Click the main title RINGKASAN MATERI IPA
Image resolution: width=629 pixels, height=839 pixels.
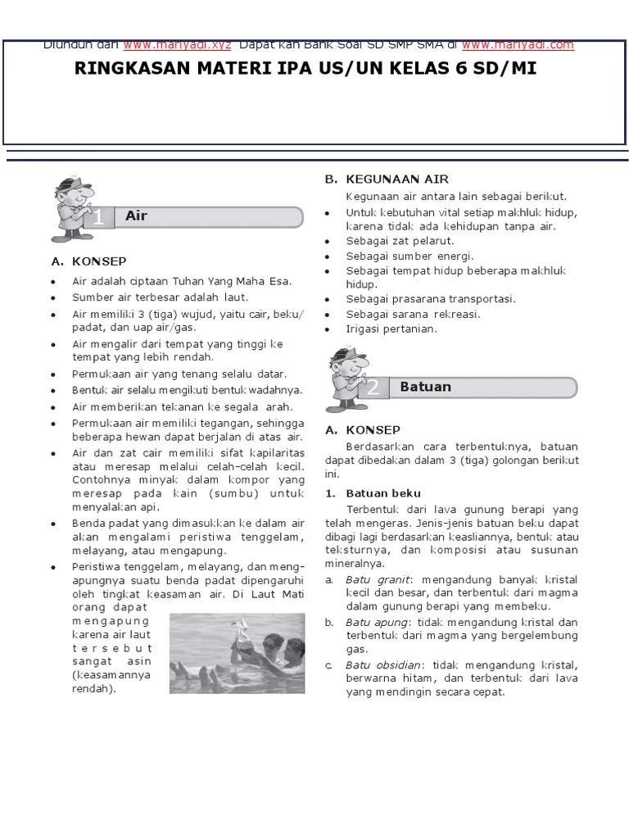305,69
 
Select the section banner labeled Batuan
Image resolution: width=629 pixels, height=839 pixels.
486,387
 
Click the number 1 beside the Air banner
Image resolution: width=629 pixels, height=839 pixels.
98,218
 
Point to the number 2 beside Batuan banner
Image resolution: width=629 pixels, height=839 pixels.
373,388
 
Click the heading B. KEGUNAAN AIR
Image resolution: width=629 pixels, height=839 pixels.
387,179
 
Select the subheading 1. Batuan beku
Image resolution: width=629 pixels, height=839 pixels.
373,493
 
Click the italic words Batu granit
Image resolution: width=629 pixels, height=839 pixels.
371,579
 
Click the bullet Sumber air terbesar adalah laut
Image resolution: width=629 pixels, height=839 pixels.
160,297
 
